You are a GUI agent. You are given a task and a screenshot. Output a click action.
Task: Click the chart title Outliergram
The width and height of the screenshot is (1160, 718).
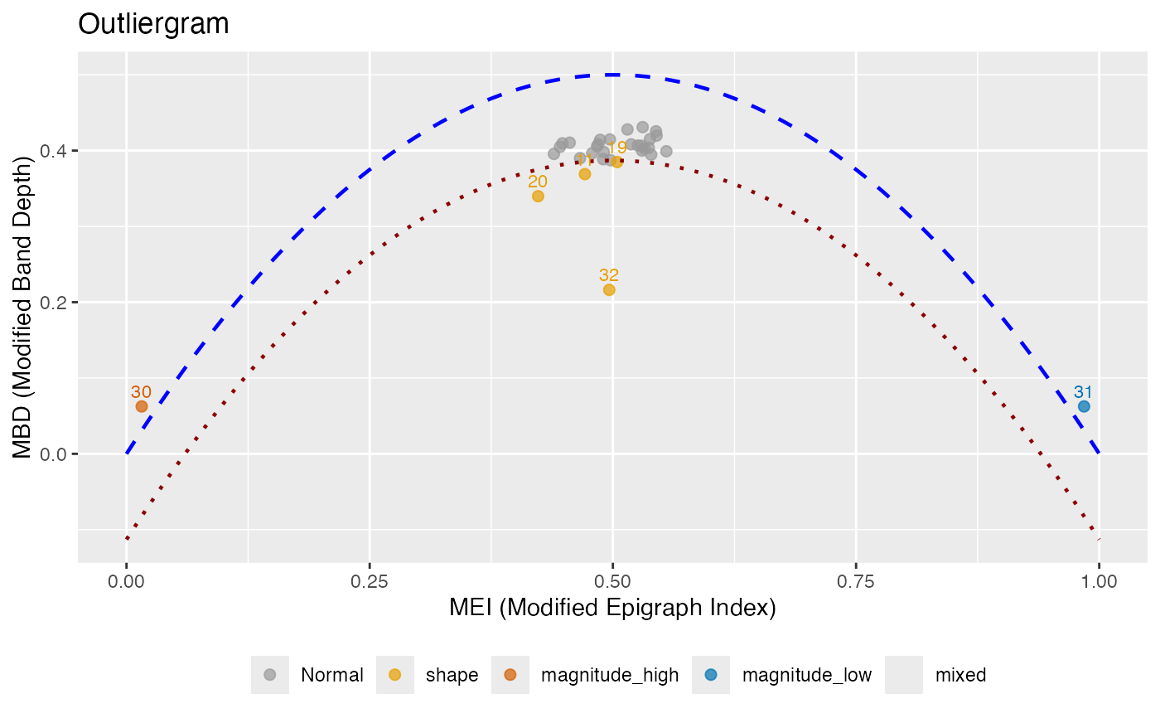point(153,24)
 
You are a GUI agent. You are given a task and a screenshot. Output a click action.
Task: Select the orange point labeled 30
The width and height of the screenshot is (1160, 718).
point(142,406)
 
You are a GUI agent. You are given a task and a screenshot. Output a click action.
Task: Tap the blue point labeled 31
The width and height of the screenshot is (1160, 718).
point(1084,406)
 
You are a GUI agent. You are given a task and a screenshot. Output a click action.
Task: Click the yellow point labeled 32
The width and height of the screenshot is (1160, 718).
point(609,290)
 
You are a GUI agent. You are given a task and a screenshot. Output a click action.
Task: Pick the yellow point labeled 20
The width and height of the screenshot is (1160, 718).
point(538,196)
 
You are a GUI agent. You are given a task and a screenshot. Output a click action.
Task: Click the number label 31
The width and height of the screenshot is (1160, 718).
point(1084,392)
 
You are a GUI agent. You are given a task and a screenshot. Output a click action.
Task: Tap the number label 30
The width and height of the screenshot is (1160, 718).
point(142,392)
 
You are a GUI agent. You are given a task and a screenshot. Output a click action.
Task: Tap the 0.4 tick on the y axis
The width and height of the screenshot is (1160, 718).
point(55,151)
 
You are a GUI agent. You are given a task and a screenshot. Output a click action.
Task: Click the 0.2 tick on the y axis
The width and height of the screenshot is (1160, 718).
point(55,303)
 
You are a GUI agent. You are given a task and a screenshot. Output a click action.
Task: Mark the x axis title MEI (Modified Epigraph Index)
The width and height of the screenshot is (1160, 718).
point(612,609)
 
